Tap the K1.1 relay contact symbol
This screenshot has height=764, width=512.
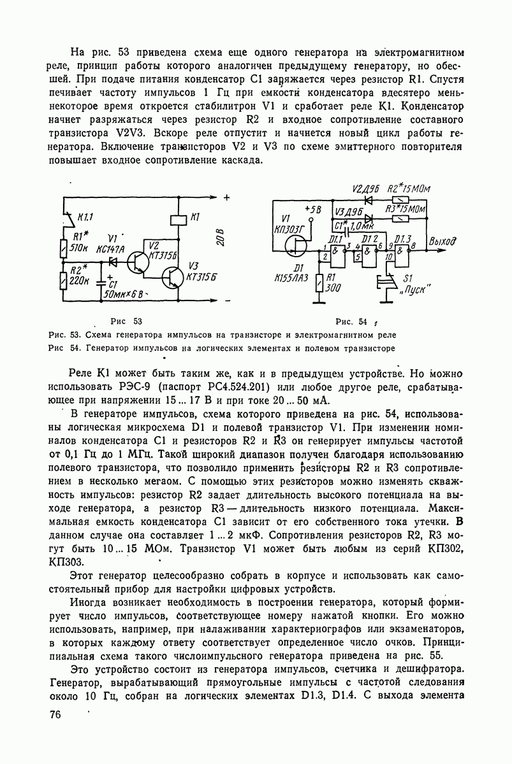pos(66,216)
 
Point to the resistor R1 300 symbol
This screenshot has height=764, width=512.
pos(319,282)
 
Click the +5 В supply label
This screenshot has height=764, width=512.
pos(314,209)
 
